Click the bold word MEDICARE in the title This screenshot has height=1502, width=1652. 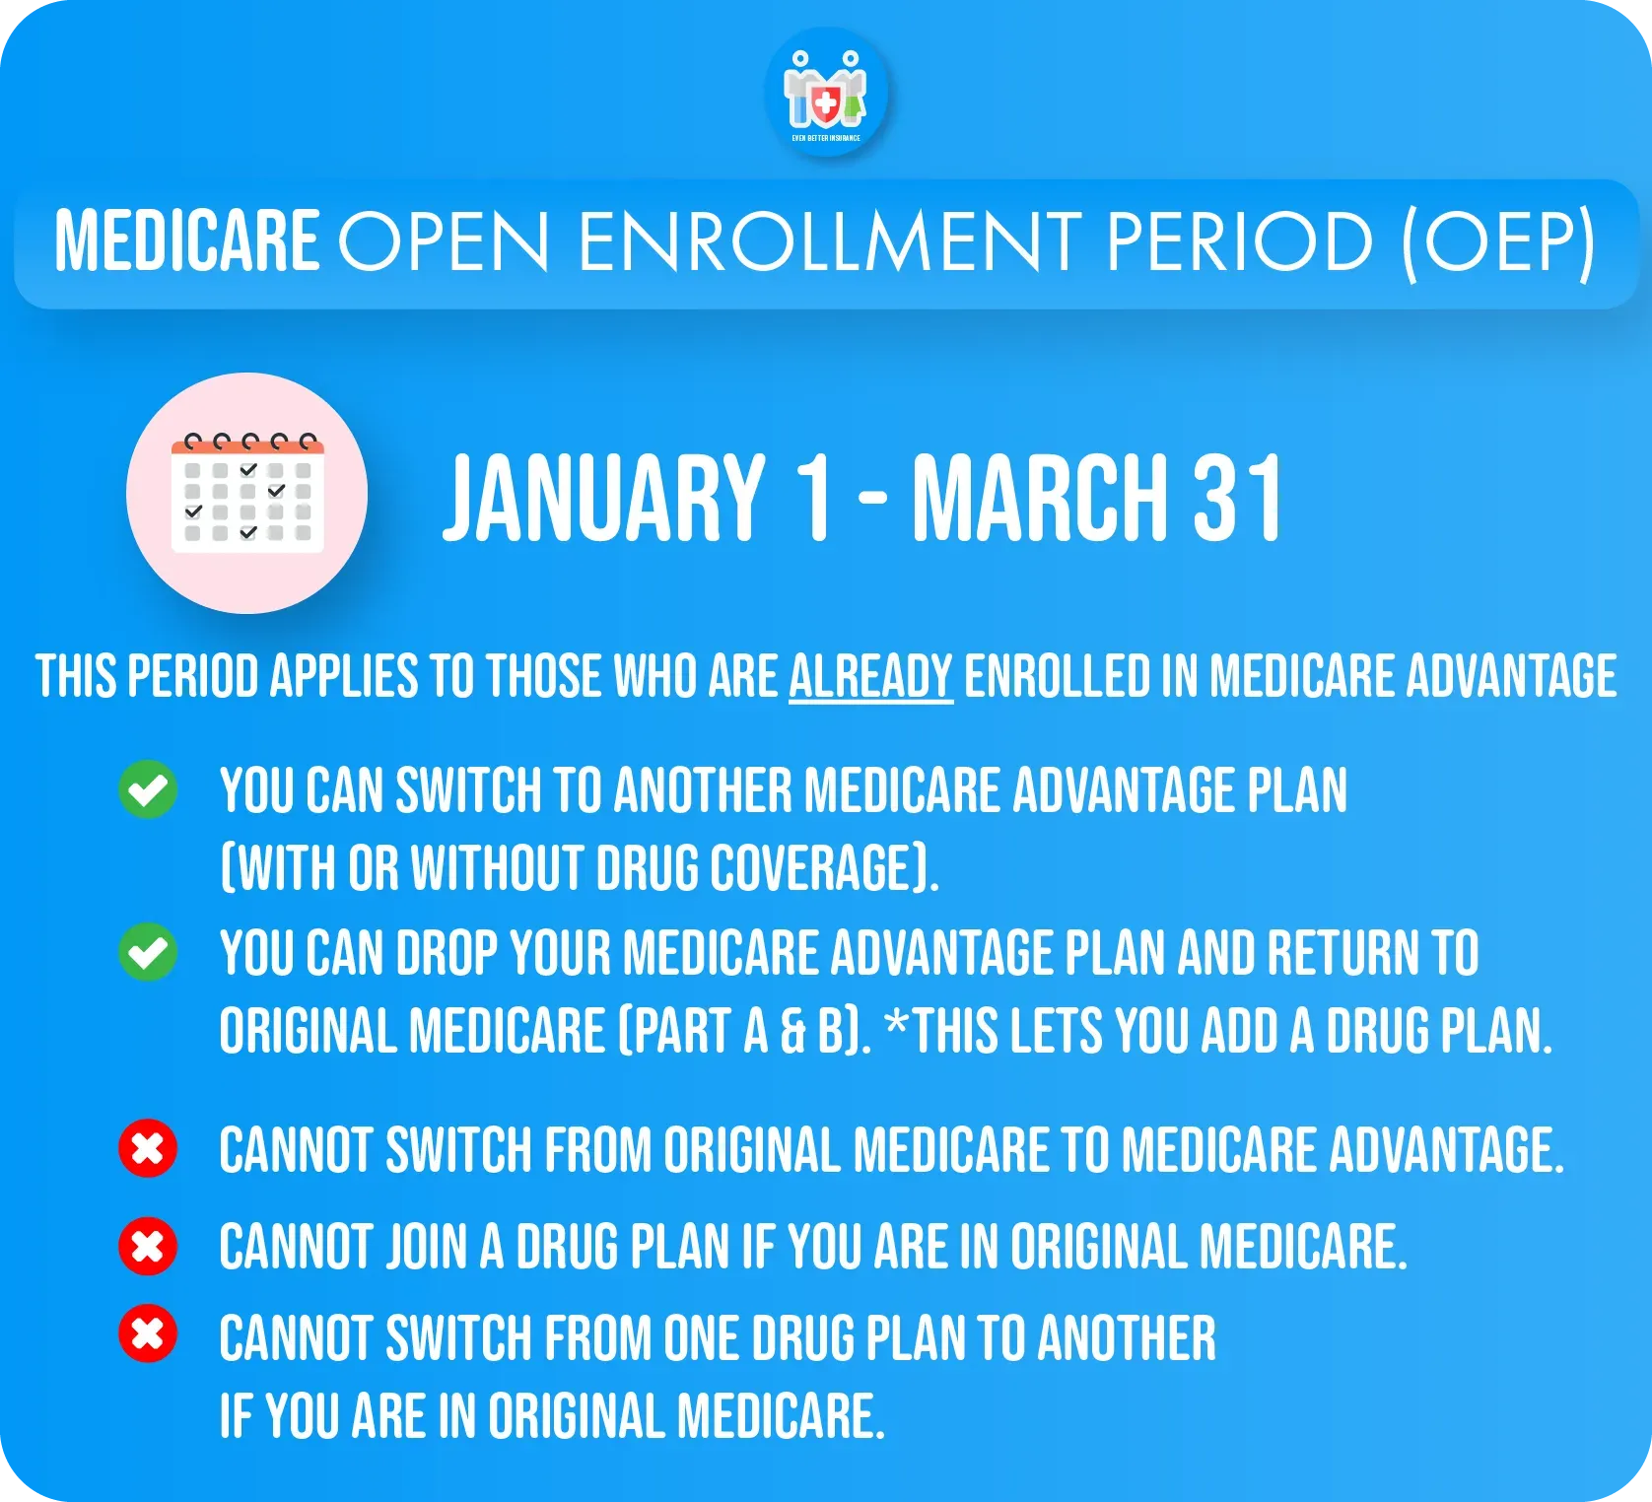click(x=186, y=241)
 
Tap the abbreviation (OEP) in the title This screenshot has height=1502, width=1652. click(x=1497, y=241)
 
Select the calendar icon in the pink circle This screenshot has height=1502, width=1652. click(x=247, y=492)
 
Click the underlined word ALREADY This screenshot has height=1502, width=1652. click(x=870, y=677)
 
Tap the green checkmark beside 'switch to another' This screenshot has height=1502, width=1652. click(x=148, y=789)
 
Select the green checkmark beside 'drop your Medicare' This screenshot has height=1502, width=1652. click(x=148, y=952)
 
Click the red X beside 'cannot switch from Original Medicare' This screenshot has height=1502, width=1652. click(x=148, y=1148)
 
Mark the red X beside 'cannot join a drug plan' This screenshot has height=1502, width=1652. click(x=148, y=1245)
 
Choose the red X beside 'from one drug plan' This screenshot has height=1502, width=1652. click(x=148, y=1334)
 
